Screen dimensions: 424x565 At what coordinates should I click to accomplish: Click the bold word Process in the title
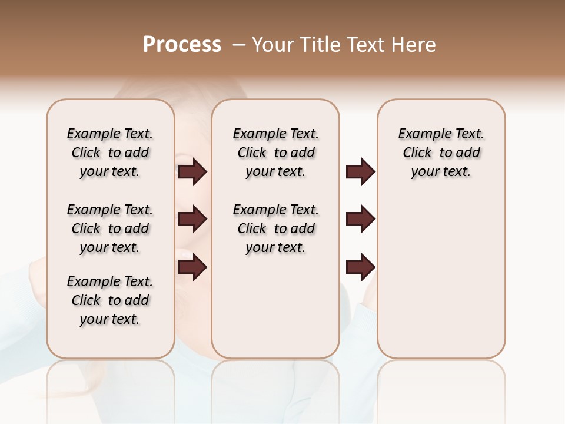[182, 45]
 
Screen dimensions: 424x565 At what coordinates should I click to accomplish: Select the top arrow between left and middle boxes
[192, 172]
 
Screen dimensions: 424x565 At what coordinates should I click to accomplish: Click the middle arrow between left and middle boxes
[192, 220]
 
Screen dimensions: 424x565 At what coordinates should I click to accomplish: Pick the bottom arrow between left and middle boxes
[192, 267]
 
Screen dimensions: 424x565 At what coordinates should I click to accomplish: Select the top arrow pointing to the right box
[360, 172]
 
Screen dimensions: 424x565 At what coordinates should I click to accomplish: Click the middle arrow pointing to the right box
[360, 220]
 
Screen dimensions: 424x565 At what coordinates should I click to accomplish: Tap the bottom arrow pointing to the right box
[360, 267]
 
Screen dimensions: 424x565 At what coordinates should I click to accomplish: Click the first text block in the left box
[110, 153]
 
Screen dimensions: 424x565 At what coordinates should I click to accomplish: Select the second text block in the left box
[110, 228]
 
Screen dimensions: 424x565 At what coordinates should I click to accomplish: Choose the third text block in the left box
[110, 300]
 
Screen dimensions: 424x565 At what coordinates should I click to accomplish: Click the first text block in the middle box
[275, 153]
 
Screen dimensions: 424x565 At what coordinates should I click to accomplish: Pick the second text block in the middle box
[275, 228]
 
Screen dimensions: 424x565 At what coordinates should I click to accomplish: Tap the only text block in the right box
[441, 153]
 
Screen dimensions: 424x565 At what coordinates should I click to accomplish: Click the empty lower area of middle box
[275, 306]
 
